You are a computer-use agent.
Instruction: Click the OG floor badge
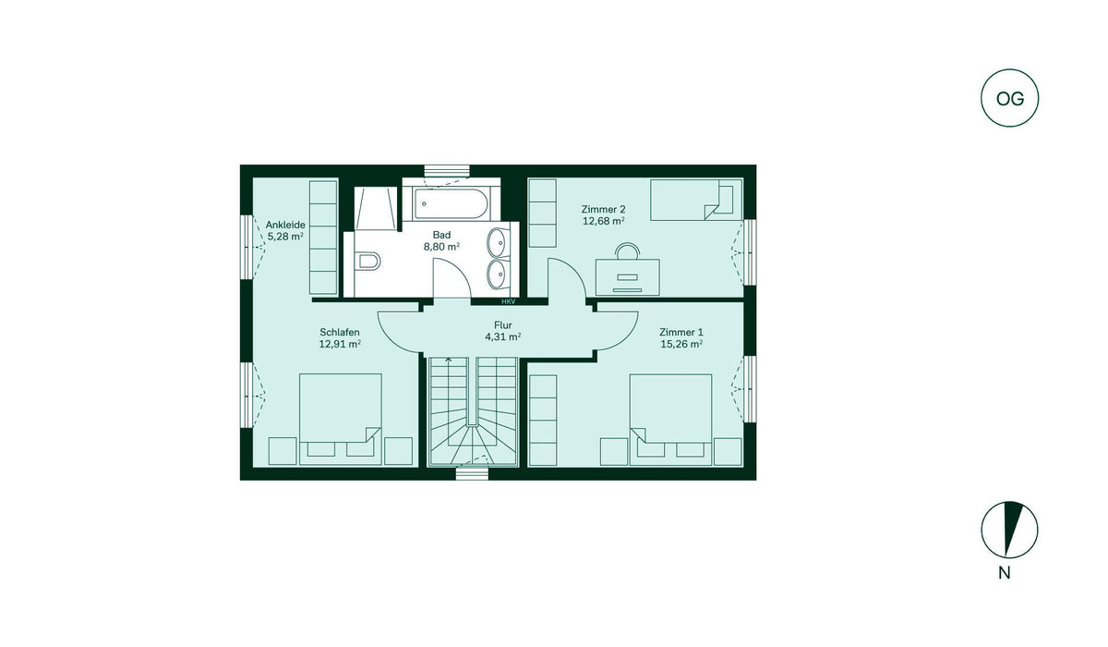[1009, 98]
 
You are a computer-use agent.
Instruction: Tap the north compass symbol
[1009, 530]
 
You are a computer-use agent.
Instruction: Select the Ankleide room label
[285, 225]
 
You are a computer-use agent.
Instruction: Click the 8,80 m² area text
[441, 247]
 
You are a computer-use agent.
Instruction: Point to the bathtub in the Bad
[451, 203]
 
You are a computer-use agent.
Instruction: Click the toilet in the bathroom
[368, 261]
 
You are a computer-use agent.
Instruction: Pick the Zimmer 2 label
[603, 209]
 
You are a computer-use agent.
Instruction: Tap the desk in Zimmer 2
[627, 276]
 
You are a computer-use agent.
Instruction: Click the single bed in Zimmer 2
[696, 200]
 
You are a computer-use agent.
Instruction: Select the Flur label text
[503, 325]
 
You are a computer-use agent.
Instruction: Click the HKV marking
[509, 301]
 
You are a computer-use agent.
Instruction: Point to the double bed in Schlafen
[341, 420]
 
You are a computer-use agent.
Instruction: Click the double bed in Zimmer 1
[670, 420]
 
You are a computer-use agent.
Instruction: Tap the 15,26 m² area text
[681, 344]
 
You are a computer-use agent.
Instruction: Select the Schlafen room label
[340, 332]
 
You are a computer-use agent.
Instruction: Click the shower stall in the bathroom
[376, 208]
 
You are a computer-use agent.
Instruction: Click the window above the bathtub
[447, 171]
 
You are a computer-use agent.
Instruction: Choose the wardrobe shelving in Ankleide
[323, 238]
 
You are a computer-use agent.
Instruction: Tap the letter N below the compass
[1005, 573]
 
